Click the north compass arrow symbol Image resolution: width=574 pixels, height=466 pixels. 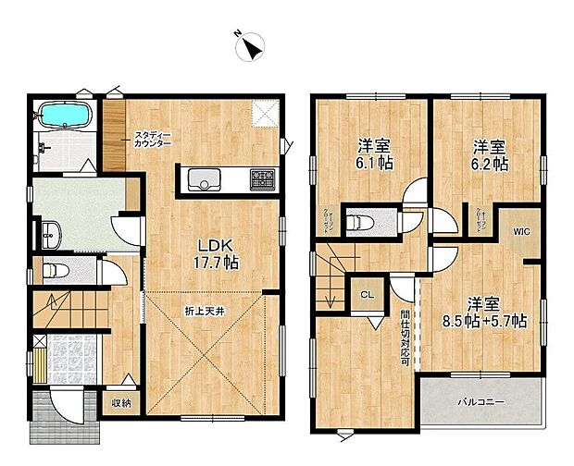click(x=252, y=45)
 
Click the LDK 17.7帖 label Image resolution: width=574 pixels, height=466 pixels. click(x=216, y=254)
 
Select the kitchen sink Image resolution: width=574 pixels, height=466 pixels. click(x=205, y=179)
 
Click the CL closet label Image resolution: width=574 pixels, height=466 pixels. click(x=367, y=296)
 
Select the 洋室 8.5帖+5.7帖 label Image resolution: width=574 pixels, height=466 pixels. click(x=484, y=313)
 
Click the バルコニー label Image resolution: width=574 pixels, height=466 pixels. click(x=478, y=402)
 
